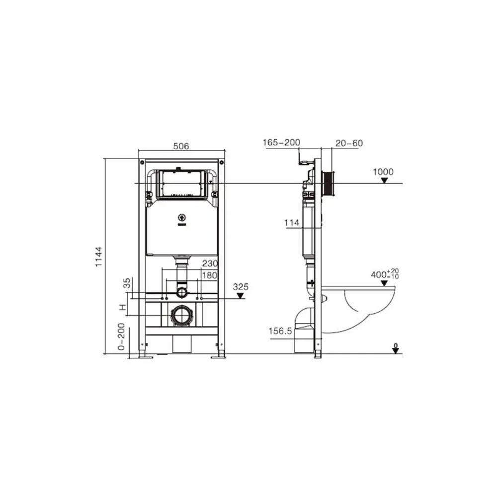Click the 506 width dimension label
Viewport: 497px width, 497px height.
point(181,146)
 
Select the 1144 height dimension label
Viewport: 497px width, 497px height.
point(99,257)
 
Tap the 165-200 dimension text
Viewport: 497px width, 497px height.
point(281,143)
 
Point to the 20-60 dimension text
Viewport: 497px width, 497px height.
point(349,143)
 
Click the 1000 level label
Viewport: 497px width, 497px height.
point(383,172)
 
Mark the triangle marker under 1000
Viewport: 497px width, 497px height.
point(384,180)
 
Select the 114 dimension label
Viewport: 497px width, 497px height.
point(292,223)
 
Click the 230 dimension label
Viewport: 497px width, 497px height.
point(210,263)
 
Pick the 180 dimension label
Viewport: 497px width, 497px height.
point(210,275)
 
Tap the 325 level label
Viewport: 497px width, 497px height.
point(241,287)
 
